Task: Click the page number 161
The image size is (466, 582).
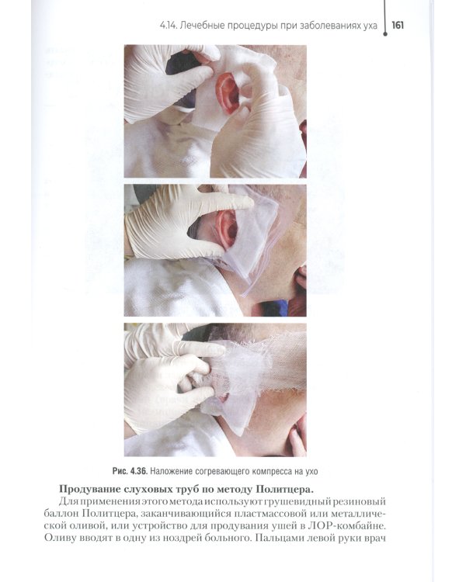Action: [398, 26]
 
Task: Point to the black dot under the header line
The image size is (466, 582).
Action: [385, 34]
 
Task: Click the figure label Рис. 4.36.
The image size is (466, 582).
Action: [130, 471]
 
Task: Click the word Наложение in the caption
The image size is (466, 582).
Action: [169, 471]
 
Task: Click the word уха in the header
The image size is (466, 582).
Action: [370, 26]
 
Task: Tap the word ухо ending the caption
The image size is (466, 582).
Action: [311, 472]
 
